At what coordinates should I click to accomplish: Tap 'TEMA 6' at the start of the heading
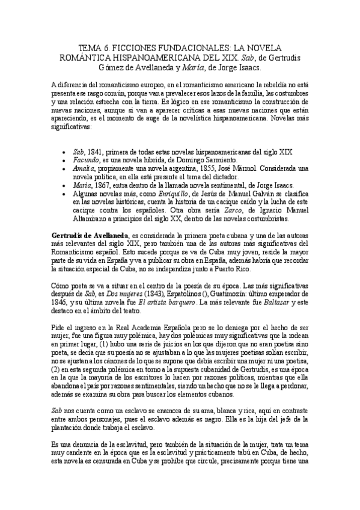click(93, 47)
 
